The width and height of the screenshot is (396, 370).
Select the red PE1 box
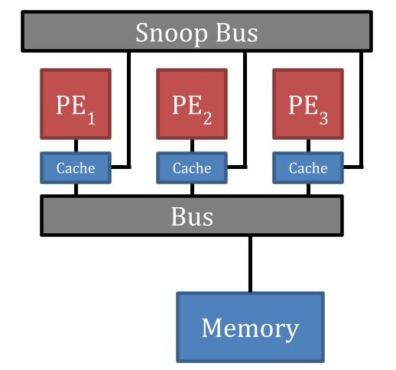(x=76, y=104)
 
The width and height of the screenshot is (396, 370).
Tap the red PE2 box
(x=191, y=104)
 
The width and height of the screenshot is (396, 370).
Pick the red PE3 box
(x=307, y=104)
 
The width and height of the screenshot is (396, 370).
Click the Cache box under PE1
(x=76, y=168)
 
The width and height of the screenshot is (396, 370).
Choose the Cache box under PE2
(x=191, y=168)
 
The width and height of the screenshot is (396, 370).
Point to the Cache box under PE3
(x=307, y=168)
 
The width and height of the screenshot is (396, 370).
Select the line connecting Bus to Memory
(x=250, y=263)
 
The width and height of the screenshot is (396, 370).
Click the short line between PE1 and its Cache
(x=76, y=146)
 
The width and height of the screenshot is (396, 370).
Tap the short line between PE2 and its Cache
(x=191, y=146)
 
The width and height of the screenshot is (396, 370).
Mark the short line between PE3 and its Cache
(x=307, y=146)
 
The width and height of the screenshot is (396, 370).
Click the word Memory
(x=250, y=328)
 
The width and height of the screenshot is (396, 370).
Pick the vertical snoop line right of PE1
(x=130, y=107)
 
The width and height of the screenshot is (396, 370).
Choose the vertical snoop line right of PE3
(x=362, y=107)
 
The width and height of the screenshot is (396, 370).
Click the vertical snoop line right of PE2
(x=245, y=107)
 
